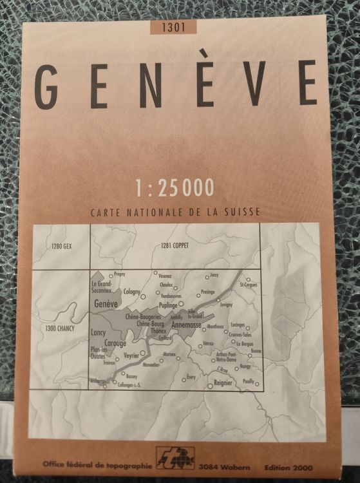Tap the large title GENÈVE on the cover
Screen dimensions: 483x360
175,84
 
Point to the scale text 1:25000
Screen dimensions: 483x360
175,187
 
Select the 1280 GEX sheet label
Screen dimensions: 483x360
62,247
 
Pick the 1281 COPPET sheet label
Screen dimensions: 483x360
174,245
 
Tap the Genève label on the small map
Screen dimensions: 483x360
106,303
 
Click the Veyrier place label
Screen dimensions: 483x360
131,354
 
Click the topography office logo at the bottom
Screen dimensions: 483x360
176,458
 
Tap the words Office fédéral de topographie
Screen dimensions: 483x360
98,464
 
